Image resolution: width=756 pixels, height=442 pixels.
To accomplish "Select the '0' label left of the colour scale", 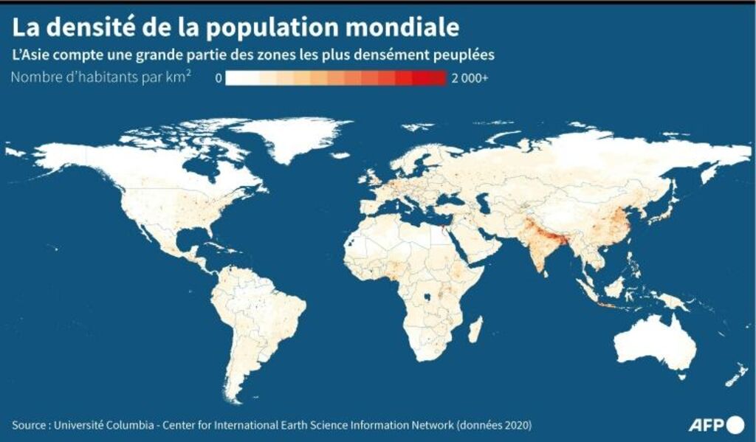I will click(219, 77).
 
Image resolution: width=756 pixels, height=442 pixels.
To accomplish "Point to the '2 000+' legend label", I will click(470, 77).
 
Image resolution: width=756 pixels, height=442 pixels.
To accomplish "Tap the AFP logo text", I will click(707, 425).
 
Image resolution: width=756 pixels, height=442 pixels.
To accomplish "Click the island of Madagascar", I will click(476, 328).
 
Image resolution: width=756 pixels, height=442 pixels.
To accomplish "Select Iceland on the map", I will click(340, 155).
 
